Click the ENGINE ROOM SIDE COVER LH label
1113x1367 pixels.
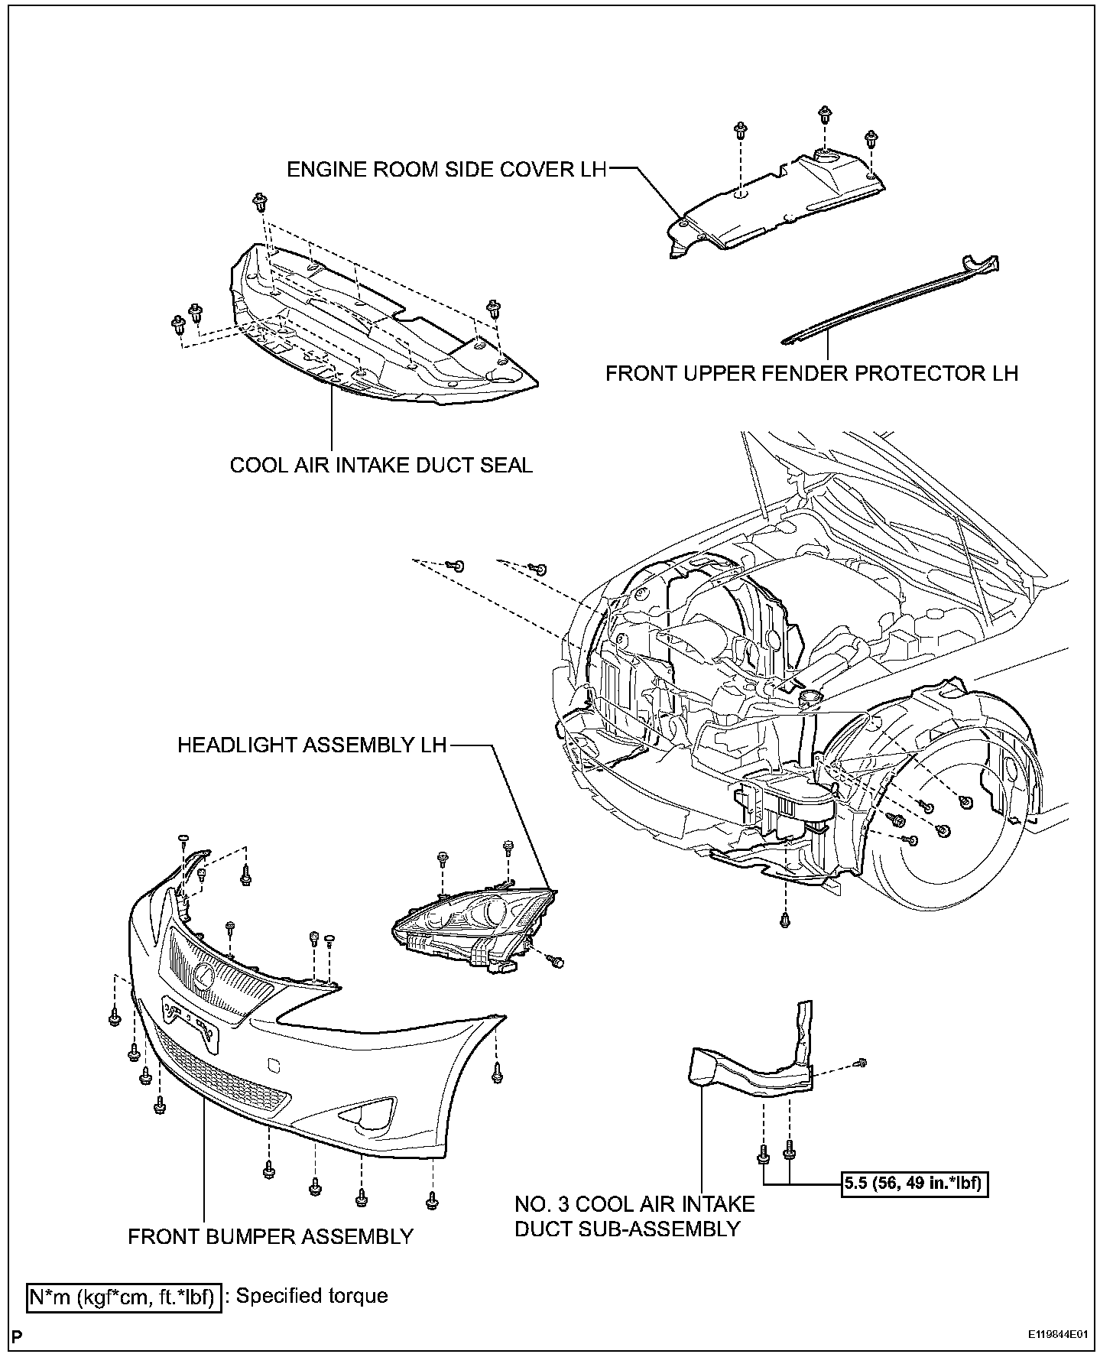[x=446, y=169]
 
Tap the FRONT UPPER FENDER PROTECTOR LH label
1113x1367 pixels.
[x=812, y=373]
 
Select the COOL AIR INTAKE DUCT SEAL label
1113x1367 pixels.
[x=381, y=465]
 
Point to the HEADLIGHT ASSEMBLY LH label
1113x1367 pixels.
[x=312, y=745]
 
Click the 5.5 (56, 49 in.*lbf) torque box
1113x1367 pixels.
[x=915, y=1206]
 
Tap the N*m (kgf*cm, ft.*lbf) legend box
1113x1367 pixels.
[x=124, y=1297]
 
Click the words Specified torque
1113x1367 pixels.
[x=312, y=1296]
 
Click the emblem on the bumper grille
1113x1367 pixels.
[x=204, y=972]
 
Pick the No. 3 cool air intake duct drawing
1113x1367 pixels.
[x=753, y=1067]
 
